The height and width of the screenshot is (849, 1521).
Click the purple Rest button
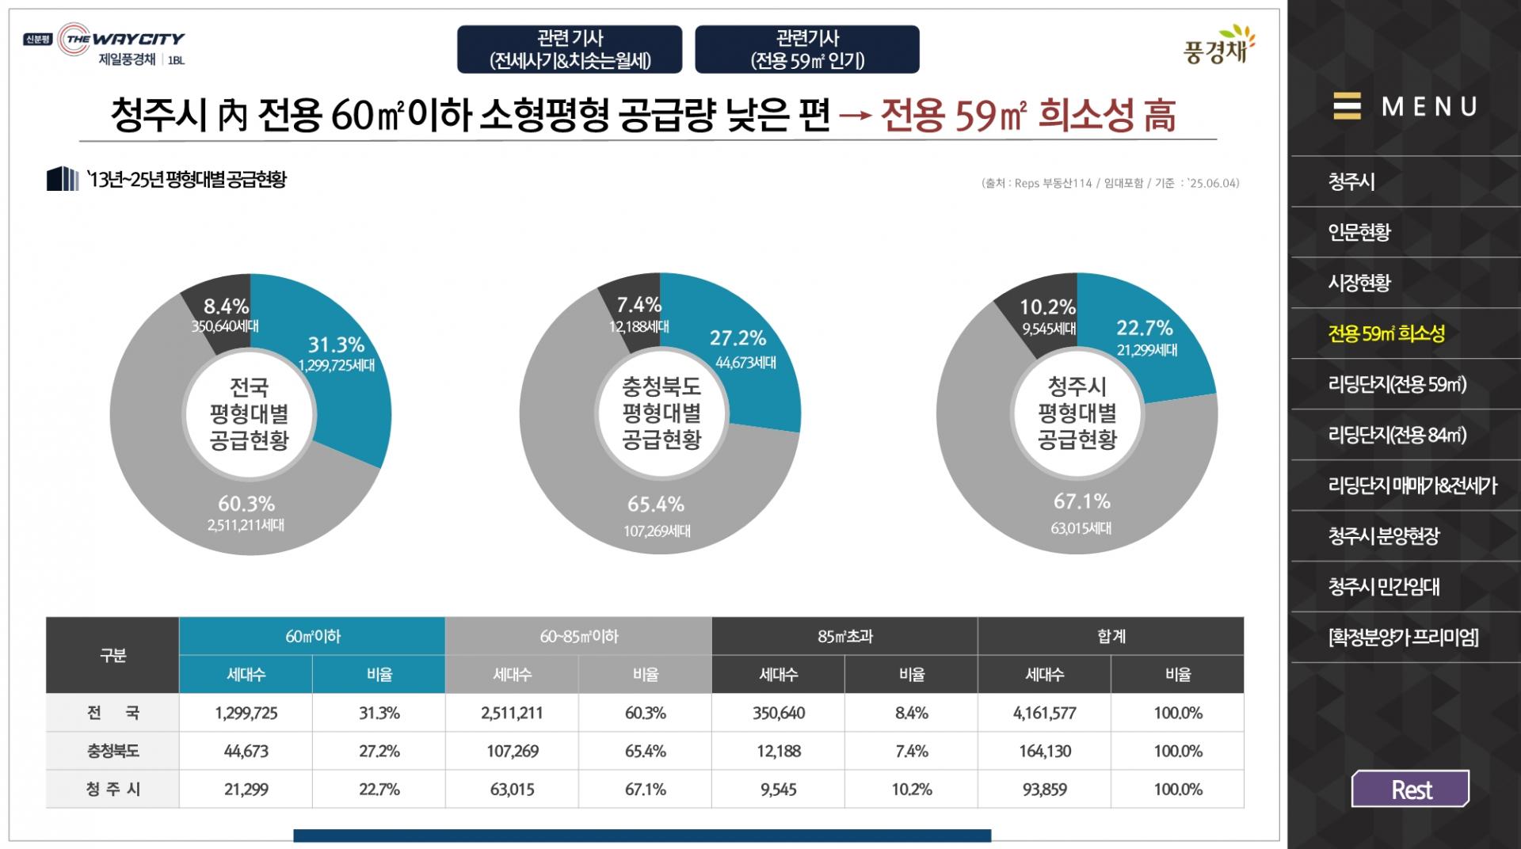pyautogui.click(x=1410, y=789)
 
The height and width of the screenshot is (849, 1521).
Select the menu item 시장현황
pyautogui.click(x=1359, y=283)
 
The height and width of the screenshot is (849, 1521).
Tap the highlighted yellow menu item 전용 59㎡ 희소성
pyautogui.click(x=1386, y=333)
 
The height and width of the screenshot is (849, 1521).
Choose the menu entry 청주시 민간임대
pyautogui.click(x=1384, y=587)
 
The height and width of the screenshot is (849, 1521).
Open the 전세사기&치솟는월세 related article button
pyautogui.click(x=570, y=49)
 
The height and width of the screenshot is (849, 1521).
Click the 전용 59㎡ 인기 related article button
pyautogui.click(x=807, y=49)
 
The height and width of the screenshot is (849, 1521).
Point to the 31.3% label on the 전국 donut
pyautogui.click(x=336, y=345)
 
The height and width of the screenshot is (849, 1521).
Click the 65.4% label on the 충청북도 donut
pyautogui.click(x=656, y=504)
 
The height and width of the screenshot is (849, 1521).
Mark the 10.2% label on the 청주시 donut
pyautogui.click(x=1047, y=307)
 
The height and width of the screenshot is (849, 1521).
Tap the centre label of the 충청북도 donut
pyautogui.click(x=661, y=413)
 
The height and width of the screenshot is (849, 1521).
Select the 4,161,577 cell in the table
pyautogui.click(x=1044, y=713)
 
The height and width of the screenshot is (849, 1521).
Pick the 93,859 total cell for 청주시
pyautogui.click(x=1044, y=790)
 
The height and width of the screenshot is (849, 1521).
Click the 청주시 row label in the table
pyautogui.click(x=112, y=790)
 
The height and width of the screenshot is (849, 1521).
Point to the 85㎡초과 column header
pyautogui.click(x=844, y=637)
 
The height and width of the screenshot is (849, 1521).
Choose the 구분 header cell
pyautogui.click(x=112, y=656)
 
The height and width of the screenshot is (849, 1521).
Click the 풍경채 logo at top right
pyautogui.click(x=1218, y=46)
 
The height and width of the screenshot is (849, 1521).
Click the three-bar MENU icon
pyautogui.click(x=1347, y=106)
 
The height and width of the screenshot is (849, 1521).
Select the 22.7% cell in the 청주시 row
pyautogui.click(x=379, y=790)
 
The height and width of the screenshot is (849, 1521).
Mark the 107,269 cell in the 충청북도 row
pyautogui.click(x=512, y=752)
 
